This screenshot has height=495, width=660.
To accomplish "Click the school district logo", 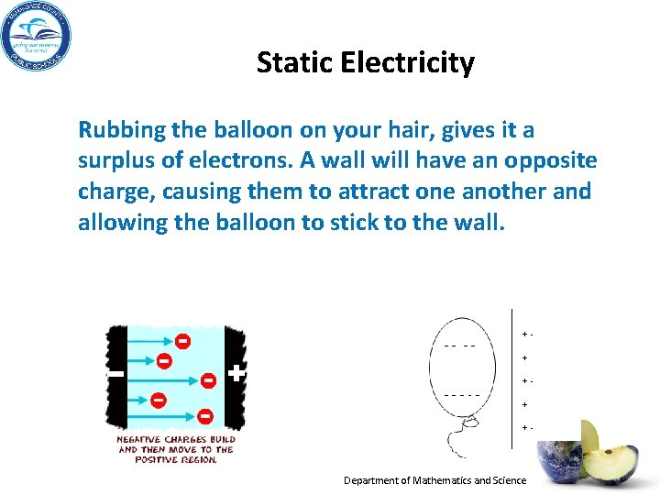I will point(36,37).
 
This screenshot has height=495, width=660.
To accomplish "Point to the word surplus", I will point(119,162).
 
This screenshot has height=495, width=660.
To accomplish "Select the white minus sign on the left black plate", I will point(115,375).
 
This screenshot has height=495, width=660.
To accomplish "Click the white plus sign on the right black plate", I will point(236,374).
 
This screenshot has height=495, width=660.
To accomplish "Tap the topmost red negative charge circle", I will point(183,341).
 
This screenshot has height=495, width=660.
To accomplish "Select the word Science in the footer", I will point(509,480).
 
